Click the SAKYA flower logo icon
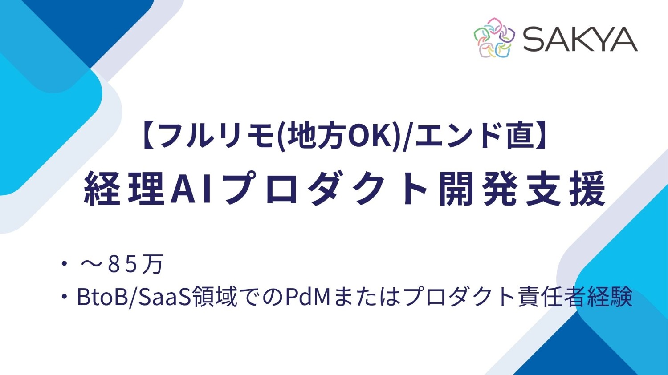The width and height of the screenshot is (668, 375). [x=494, y=38]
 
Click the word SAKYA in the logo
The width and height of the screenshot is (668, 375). [x=580, y=39]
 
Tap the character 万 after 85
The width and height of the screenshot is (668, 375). [x=153, y=264]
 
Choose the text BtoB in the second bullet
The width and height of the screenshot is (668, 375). [x=102, y=297]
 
